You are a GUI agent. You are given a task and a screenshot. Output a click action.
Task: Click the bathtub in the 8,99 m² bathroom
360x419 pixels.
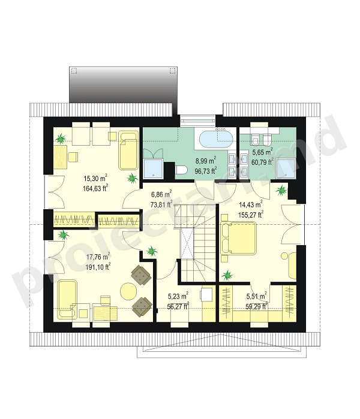[217, 138]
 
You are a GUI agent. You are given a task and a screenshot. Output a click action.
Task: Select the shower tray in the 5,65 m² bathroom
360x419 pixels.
[286, 168]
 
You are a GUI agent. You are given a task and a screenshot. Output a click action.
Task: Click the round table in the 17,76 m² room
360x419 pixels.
[128, 291]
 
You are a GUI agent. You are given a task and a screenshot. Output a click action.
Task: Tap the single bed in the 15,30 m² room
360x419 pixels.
[128, 150]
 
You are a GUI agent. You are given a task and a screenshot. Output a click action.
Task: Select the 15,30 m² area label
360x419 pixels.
[95, 178]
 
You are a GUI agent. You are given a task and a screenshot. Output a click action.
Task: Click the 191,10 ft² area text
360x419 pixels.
[98, 267]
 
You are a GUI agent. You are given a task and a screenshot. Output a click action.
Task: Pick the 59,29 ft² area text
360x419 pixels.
[257, 306]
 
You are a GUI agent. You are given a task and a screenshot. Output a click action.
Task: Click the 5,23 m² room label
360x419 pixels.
[178, 296]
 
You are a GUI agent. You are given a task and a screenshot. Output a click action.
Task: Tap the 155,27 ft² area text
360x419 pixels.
[251, 215]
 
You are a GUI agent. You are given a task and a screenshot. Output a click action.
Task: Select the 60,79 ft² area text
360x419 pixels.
[263, 162]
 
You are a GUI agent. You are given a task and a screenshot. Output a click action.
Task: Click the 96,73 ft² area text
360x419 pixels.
[206, 171]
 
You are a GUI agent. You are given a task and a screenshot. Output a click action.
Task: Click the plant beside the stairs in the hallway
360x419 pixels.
[152, 251]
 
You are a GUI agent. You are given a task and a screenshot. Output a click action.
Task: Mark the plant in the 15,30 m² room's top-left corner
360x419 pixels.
[61, 138]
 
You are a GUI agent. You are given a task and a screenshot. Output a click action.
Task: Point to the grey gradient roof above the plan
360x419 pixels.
[124, 85]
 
